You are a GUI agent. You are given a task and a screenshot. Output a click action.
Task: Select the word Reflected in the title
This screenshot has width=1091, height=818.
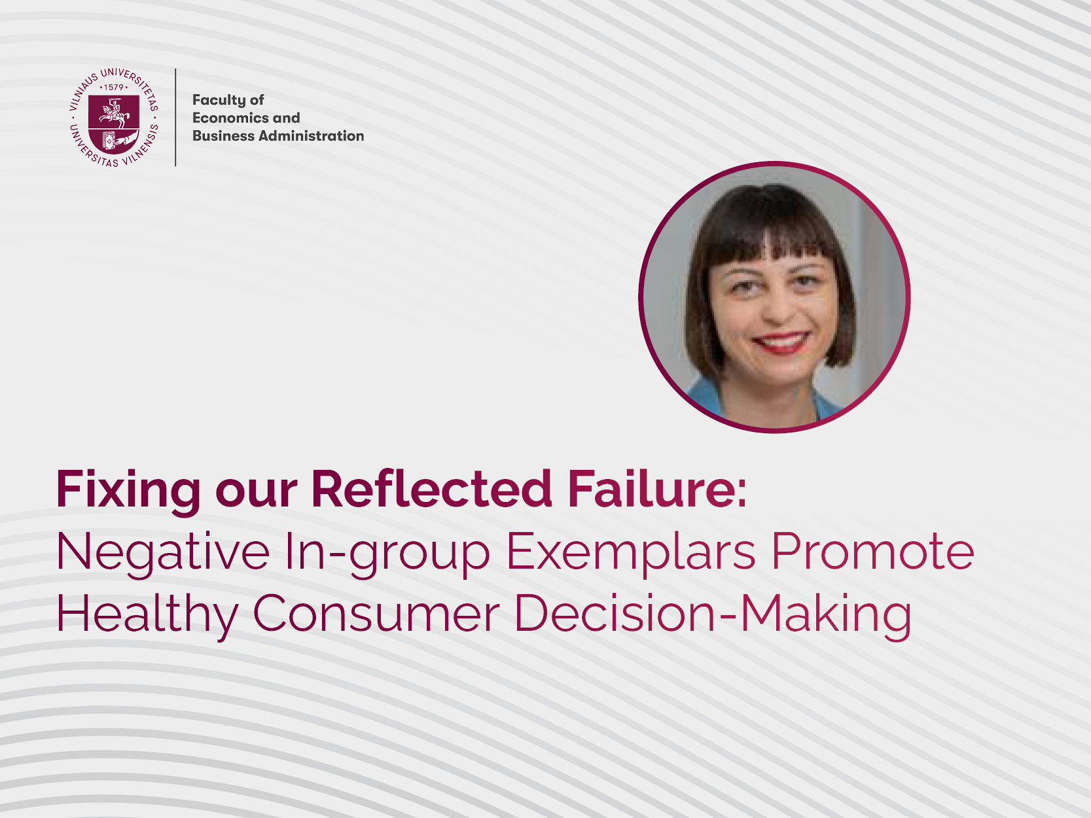[432, 489]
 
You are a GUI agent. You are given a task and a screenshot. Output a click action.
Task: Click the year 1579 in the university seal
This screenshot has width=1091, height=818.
[114, 87]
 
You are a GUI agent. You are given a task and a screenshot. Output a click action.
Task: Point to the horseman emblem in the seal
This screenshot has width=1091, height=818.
[114, 112]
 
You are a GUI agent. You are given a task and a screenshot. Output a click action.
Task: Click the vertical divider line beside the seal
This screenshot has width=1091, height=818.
[175, 117]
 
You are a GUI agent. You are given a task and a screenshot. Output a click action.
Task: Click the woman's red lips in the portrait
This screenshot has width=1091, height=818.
[781, 342]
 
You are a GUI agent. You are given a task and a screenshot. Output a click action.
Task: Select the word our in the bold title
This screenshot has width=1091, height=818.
[257, 494]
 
